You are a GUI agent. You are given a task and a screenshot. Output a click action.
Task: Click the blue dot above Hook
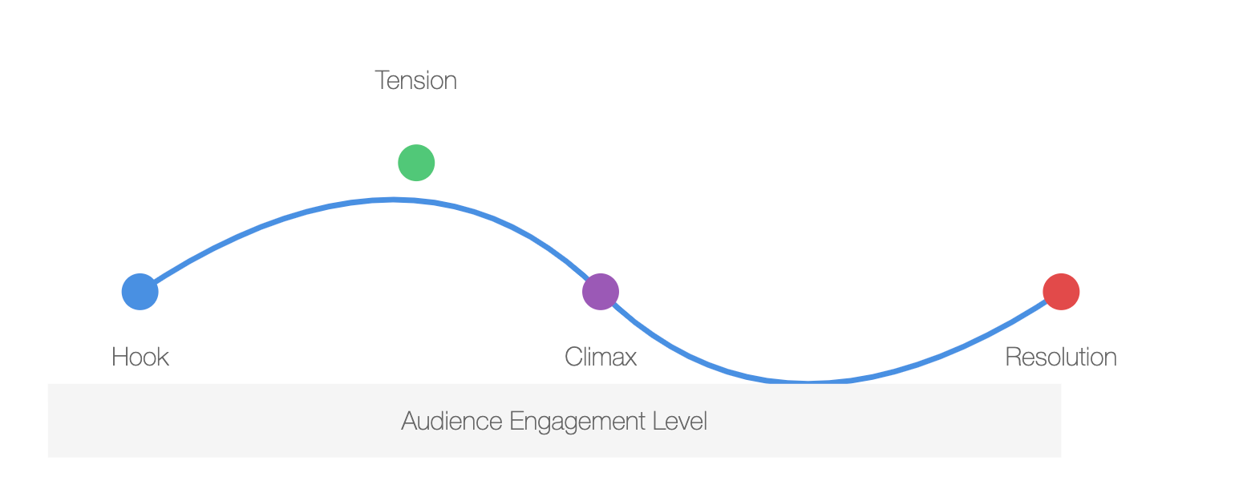140,292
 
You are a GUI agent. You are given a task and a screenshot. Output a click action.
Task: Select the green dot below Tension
416,163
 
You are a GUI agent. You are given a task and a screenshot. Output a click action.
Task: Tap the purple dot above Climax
601,292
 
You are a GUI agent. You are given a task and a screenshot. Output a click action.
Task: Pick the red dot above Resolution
1061,292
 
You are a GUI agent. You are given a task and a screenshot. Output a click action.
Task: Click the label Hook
140,357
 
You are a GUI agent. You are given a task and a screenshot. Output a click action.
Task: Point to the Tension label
416,80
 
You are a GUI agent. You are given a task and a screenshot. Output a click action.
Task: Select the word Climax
601,357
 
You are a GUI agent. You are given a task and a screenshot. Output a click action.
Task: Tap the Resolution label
1061,357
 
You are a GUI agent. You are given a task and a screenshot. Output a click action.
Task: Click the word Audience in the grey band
452,421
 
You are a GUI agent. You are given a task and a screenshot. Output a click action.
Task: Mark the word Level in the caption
680,421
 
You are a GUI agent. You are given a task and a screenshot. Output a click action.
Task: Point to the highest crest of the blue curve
393,200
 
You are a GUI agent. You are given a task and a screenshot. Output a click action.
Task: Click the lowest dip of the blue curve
808,381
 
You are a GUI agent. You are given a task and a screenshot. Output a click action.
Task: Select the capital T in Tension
383,80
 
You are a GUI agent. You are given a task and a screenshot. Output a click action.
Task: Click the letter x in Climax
630,360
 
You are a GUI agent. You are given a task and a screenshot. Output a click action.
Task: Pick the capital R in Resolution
1014,357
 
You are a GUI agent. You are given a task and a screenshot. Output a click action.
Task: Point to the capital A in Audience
411,421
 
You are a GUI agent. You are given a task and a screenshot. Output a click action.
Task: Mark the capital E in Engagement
516,421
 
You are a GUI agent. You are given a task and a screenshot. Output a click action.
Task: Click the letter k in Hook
163,357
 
